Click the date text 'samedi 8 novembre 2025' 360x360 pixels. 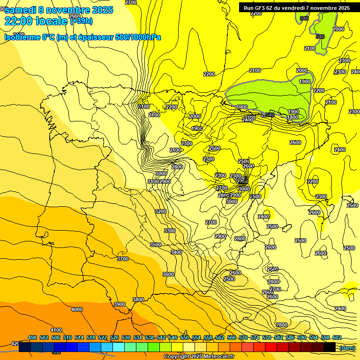[59, 10]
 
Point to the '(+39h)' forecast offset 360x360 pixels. [81, 21]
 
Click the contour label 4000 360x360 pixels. [77, 309]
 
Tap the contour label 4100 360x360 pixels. [56, 330]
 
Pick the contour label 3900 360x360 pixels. [120, 304]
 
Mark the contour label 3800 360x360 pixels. [138, 300]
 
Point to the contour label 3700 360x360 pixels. [123, 259]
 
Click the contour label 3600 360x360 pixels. [168, 274]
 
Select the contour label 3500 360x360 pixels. [156, 245]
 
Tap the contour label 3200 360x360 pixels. [161, 211]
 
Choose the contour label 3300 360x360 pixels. [170, 231]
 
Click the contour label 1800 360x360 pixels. [293, 117]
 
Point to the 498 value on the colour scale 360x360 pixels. [32, 337]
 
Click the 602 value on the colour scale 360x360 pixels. [337, 337]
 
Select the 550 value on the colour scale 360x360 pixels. [185, 337]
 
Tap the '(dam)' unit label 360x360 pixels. [347, 347]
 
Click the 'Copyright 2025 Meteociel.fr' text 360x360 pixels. [199, 356]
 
